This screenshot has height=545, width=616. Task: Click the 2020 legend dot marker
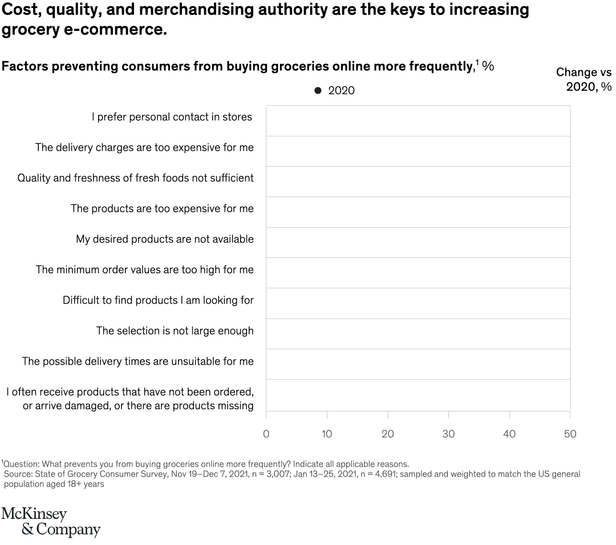tap(318, 91)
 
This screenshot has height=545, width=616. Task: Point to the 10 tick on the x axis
tap(327, 434)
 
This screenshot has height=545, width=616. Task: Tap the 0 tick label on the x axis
tap(266, 434)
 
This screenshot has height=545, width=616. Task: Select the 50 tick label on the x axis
tap(570, 434)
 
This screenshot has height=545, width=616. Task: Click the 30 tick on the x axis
tap(448, 434)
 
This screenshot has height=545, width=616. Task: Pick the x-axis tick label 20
tap(388, 434)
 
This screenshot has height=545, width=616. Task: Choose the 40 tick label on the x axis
tap(509, 434)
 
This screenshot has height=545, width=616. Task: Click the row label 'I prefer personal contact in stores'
tap(172, 117)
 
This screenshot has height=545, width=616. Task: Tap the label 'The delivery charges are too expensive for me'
tap(144, 148)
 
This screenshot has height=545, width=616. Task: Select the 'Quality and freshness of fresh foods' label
tap(135, 178)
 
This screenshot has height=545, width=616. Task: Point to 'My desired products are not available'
tap(165, 239)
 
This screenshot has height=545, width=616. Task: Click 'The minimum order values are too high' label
tap(145, 269)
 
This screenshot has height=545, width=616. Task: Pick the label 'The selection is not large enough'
tap(175, 331)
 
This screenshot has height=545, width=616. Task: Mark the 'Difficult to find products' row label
tap(158, 300)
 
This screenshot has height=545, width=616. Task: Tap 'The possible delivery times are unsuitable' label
tap(138, 361)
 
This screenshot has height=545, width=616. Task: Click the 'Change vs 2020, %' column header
tap(583, 79)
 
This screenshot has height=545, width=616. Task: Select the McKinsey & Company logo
tap(51, 522)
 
